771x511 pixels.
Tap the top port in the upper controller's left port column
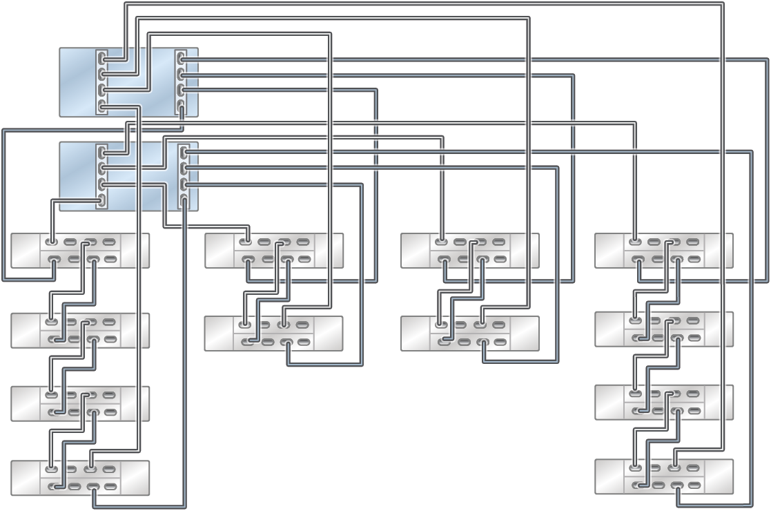tap(102, 58)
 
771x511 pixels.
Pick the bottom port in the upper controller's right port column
tap(181, 106)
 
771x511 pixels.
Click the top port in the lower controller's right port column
tap(184, 153)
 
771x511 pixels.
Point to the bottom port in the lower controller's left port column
tap(102, 201)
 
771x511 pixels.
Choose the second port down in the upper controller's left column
tap(102, 74)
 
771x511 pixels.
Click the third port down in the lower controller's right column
tap(184, 184)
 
